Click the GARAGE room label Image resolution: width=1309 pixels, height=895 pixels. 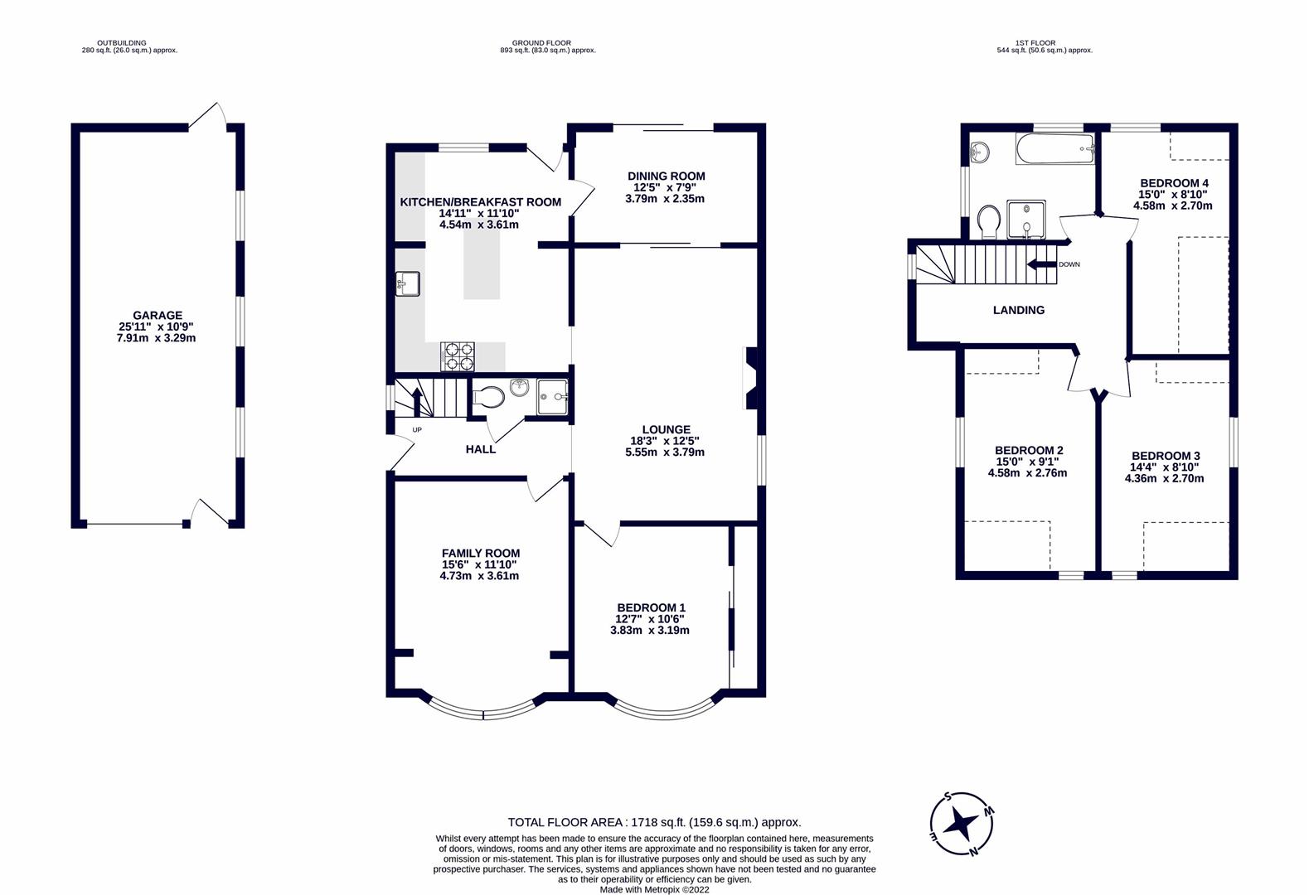157,316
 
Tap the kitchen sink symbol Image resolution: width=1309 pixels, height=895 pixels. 408,284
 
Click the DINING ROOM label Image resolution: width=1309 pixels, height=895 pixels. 666,176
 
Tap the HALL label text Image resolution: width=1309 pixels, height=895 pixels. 481,449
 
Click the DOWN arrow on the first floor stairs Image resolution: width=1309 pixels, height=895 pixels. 1040,264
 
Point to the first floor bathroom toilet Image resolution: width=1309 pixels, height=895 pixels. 987,221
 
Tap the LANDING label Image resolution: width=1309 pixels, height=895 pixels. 1019,310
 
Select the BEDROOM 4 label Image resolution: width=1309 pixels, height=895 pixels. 1174,183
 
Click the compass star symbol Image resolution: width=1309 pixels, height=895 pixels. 962,824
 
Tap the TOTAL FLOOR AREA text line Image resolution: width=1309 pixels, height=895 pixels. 654,822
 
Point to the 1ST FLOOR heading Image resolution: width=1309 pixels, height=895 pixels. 1044,43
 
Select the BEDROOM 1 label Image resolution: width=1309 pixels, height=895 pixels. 650,607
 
